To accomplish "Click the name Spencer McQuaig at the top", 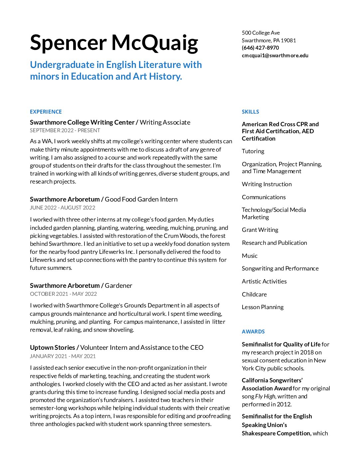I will (114, 43).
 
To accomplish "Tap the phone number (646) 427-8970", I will (260, 48).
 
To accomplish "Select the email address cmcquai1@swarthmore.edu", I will (275, 55).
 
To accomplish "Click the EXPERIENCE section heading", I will (46, 112).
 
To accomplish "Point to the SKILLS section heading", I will (250, 112).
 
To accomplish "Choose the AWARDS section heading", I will (253, 331).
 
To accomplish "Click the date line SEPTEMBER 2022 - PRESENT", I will (65, 130).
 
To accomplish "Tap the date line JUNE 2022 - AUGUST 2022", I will (63, 208).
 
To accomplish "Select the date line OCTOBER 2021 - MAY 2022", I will (63, 294).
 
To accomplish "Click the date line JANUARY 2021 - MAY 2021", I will (63, 356).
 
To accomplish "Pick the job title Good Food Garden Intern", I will (141, 199).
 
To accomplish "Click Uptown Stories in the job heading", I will (52, 347).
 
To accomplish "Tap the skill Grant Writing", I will (260, 230).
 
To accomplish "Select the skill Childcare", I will (254, 294).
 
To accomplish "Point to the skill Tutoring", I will (253, 151).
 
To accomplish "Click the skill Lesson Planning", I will (263, 307).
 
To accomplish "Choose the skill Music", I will (250, 256).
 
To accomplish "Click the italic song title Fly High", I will (265, 396).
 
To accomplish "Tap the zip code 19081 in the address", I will (288, 40).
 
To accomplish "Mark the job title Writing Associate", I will (165, 122).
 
